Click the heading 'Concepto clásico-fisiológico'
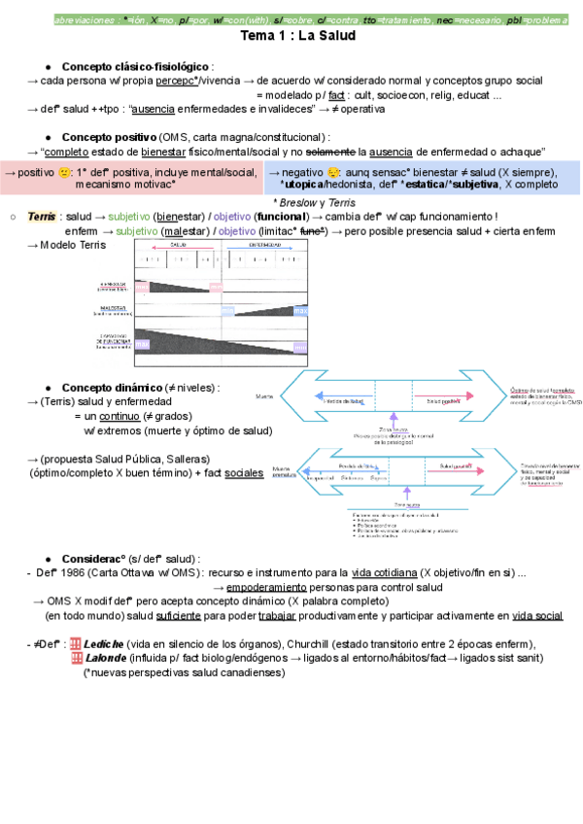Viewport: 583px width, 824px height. click(x=136, y=65)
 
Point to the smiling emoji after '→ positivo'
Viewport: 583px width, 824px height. click(x=65, y=173)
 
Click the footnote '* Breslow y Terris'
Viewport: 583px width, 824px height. click(x=315, y=202)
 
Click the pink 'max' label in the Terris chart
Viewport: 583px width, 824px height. click(x=216, y=288)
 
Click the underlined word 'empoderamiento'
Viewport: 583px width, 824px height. click(x=267, y=587)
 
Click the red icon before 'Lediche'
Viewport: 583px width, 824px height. click(x=78, y=643)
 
